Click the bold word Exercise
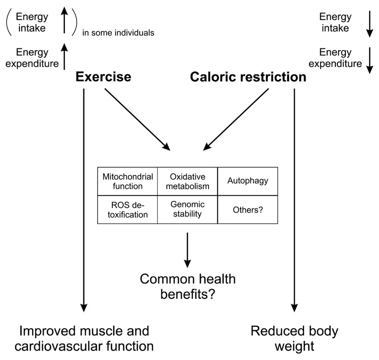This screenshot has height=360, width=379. pyautogui.click(x=104, y=76)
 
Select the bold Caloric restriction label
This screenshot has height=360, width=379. pyautogui.click(x=248, y=76)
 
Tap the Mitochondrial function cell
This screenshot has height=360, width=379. pyautogui.click(x=127, y=181)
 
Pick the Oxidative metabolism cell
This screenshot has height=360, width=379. pyautogui.click(x=187, y=181)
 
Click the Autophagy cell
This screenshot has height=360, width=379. pyautogui.click(x=247, y=181)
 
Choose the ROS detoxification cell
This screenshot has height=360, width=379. pyautogui.click(x=127, y=209)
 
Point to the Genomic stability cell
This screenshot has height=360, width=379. pyautogui.click(x=187, y=209)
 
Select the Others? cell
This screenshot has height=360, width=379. pyautogui.click(x=247, y=209)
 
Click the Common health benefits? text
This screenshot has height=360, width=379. pyautogui.click(x=188, y=286)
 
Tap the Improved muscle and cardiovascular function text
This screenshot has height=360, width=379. pyautogui.click(x=84, y=338)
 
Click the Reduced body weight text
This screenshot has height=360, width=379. pyautogui.click(x=294, y=338)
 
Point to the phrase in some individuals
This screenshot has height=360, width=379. pyautogui.click(x=118, y=33)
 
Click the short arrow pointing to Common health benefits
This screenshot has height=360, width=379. pyautogui.click(x=188, y=249)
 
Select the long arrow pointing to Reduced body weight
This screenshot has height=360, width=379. pyautogui.click(x=295, y=199)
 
